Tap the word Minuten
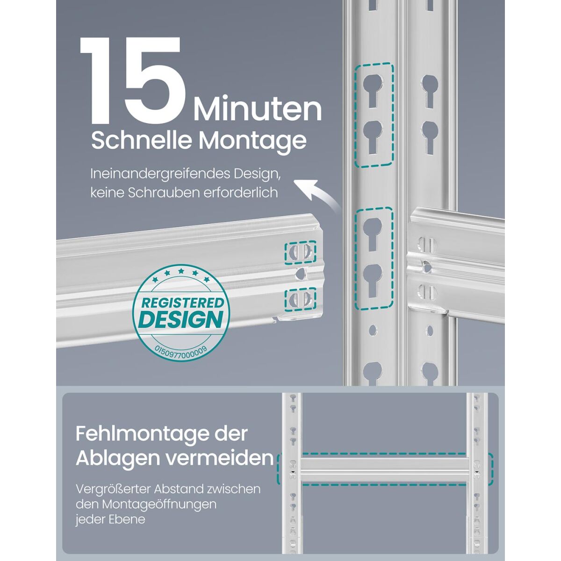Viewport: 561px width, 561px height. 257,110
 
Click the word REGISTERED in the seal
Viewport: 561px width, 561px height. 182,303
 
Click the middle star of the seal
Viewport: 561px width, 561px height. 181,271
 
